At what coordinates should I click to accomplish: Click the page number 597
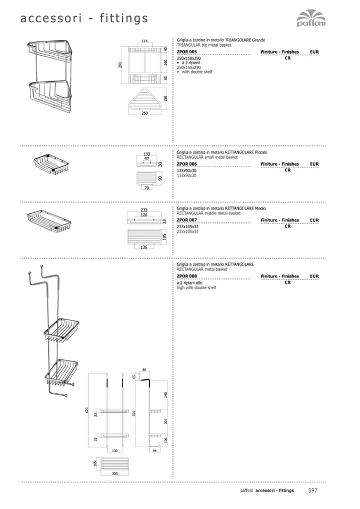tap(313, 490)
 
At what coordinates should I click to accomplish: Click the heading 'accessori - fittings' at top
tap(84, 19)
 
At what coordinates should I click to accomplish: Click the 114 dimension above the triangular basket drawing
tap(144, 41)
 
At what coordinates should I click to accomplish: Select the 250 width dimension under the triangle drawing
tap(144, 113)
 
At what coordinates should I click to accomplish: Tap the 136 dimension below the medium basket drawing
tap(144, 246)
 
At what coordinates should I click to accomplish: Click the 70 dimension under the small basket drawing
tap(145, 188)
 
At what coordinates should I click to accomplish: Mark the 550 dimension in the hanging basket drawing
tap(134, 413)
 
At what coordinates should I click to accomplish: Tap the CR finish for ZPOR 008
tap(287, 282)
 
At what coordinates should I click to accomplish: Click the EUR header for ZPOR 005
tap(314, 52)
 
